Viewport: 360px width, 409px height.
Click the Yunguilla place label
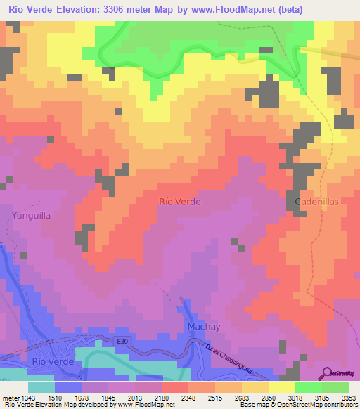[30, 216]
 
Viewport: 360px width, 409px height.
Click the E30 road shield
[124, 342]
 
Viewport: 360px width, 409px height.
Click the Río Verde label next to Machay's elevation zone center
[180, 201]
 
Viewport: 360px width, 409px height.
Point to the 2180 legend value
[162, 398]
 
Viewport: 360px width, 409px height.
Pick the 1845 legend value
[109, 398]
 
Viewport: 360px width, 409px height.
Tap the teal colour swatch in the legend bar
[41, 387]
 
